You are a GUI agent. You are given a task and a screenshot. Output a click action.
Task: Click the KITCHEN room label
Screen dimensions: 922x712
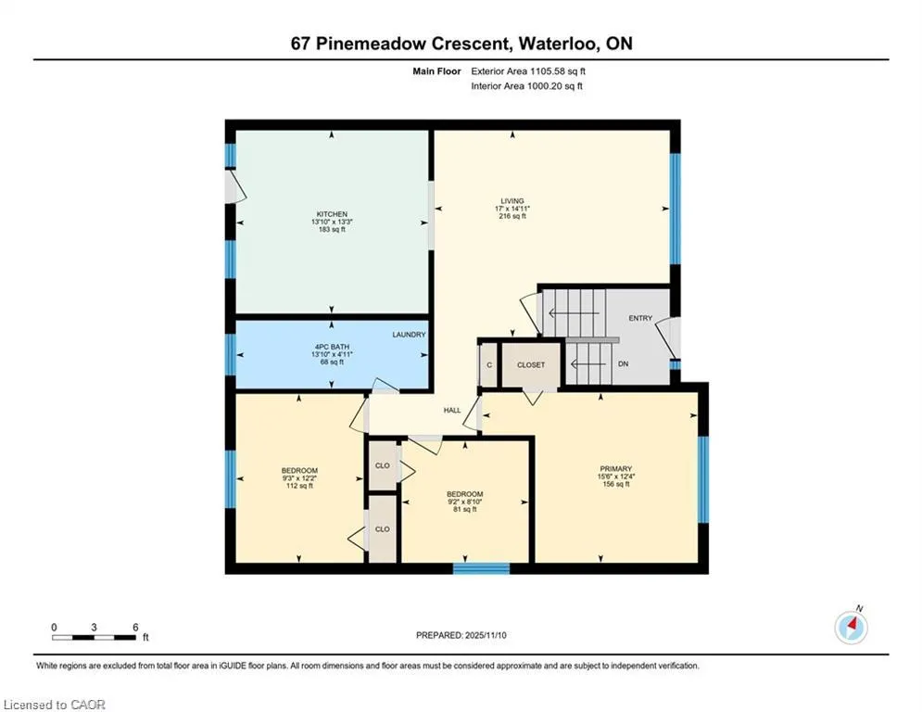[332, 214]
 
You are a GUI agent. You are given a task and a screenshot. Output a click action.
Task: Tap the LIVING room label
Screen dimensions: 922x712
[512, 200]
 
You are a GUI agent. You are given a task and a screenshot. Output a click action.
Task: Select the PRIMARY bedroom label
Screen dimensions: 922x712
[615, 469]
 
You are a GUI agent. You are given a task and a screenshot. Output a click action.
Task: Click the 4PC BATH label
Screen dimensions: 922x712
[332, 347]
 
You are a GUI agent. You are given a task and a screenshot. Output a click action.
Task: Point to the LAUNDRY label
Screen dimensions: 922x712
[409, 335]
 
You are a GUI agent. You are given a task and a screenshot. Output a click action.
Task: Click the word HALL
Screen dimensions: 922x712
[452, 410]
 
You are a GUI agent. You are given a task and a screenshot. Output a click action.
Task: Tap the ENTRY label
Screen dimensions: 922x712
[640, 318]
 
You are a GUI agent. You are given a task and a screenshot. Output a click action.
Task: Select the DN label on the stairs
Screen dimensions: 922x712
[624, 363]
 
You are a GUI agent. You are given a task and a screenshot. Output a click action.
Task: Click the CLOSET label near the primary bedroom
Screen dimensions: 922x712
[531, 365]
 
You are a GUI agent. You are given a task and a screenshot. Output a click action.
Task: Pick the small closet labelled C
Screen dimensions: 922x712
[489, 365]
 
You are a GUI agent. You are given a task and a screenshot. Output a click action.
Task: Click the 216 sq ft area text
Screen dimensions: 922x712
[512, 216]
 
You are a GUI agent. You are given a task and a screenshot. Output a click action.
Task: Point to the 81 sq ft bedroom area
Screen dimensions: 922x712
[464, 510]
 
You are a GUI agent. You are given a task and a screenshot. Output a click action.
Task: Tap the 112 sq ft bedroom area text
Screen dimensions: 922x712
[299, 486]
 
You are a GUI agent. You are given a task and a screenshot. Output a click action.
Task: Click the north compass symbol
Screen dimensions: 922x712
[851, 627]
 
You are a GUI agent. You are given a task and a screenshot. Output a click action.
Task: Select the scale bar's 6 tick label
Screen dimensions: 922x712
[135, 628]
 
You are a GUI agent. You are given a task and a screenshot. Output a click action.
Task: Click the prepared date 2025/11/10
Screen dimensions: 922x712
[486, 635]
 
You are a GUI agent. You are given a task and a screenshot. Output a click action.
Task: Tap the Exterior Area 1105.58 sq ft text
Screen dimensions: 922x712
[528, 71]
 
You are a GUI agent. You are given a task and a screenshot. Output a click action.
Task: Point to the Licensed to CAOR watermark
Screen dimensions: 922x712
[54, 705]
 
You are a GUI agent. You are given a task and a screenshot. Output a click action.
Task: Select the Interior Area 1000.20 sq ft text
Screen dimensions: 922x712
[527, 86]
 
